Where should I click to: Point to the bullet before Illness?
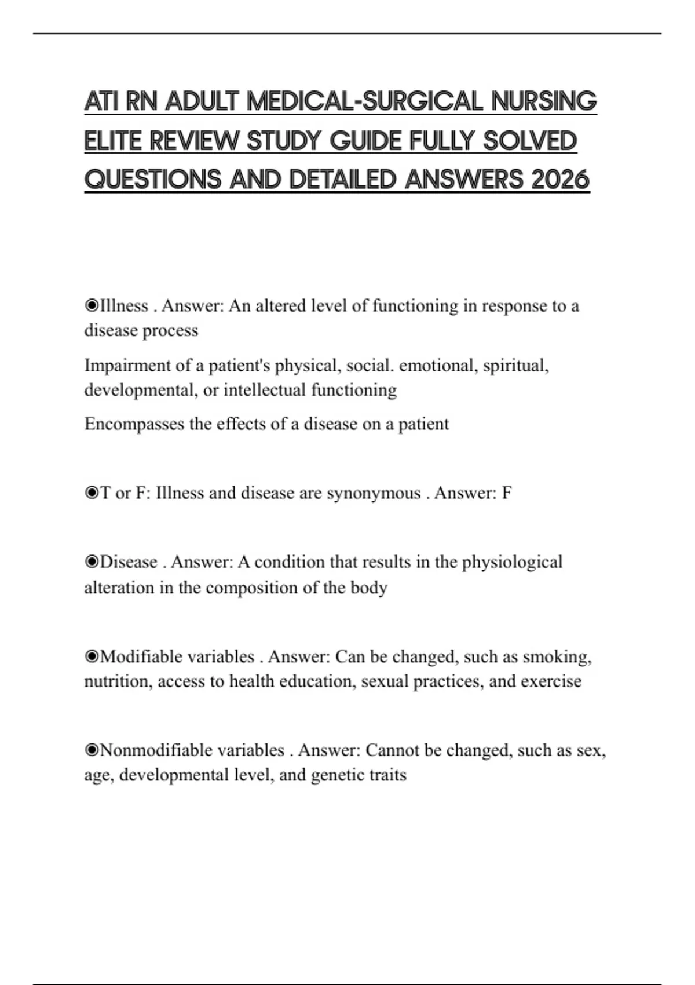[x=92, y=305]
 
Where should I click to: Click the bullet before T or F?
[x=92, y=493]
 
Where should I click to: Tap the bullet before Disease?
[x=92, y=562]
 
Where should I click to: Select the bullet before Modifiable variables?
[x=92, y=656]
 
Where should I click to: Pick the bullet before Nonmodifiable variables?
[x=92, y=750]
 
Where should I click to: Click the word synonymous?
[x=374, y=493]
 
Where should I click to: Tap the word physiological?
[x=512, y=563]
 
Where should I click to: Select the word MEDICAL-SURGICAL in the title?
[x=364, y=102]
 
